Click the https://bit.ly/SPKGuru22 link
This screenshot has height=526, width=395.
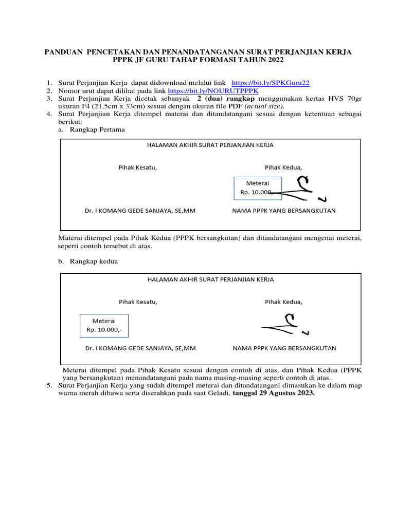coord(271,83)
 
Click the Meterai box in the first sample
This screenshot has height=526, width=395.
coord(257,187)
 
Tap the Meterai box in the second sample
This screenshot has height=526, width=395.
coord(104,325)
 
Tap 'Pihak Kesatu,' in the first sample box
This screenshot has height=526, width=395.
coord(137,167)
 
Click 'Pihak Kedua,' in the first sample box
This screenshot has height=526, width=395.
coord(283,167)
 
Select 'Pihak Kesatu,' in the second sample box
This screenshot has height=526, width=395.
coord(138,302)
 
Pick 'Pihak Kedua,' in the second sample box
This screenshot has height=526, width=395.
coord(283,302)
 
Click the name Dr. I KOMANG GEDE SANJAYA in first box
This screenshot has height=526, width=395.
coord(140,211)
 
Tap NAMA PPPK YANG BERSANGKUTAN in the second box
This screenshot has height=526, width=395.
coord(284,348)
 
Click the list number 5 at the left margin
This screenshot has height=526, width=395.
coord(49,386)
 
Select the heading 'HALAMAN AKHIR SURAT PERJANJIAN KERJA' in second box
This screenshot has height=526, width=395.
coord(210,279)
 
